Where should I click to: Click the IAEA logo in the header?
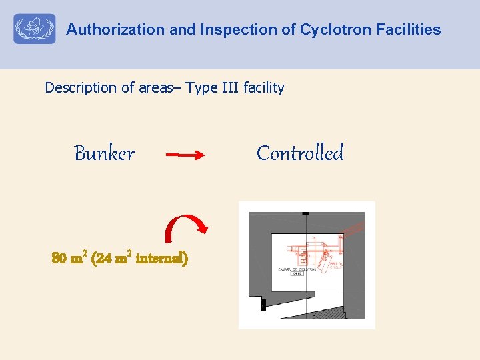tap(35, 29)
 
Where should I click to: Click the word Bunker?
tap(104, 154)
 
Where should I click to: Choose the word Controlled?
tap(300, 153)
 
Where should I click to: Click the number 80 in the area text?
tap(60, 258)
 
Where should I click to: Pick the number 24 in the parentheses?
tap(105, 258)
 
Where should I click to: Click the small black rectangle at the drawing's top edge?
tap(305, 213)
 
